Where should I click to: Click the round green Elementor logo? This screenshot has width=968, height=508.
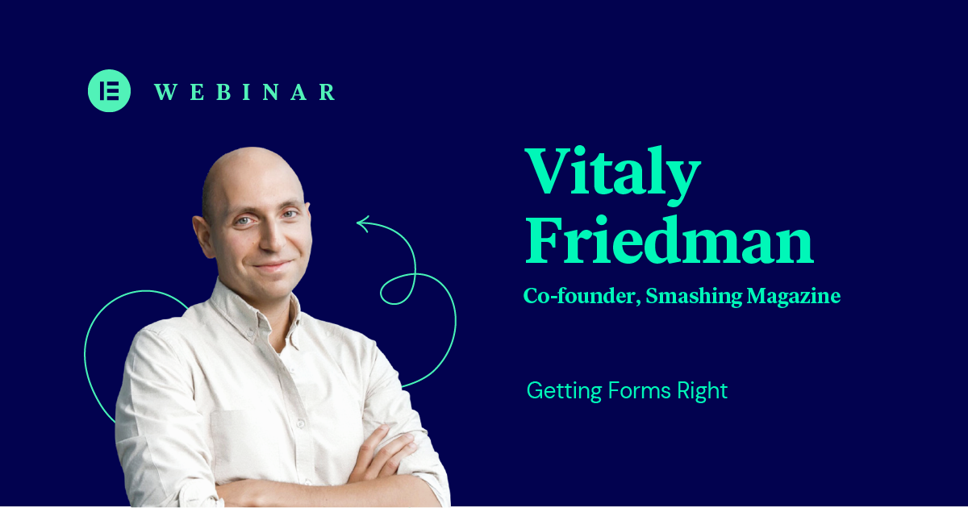(110, 90)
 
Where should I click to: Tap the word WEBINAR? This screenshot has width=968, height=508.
(245, 92)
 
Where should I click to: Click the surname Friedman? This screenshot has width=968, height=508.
(670, 239)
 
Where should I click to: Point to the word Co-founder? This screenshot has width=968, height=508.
(582, 297)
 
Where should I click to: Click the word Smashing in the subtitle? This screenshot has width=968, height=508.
(694, 297)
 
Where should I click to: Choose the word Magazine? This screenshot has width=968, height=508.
(794, 297)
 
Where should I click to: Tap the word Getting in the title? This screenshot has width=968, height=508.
(565, 391)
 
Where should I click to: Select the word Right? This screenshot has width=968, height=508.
(703, 391)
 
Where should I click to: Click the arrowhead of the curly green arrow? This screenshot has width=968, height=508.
(362, 223)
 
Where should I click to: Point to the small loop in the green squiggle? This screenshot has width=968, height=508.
(398, 289)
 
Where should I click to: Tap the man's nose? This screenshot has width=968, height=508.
(271, 242)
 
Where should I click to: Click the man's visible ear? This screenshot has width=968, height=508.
(202, 237)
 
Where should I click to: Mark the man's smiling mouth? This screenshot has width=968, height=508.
(273, 265)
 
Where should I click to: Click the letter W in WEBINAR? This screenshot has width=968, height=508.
(165, 92)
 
